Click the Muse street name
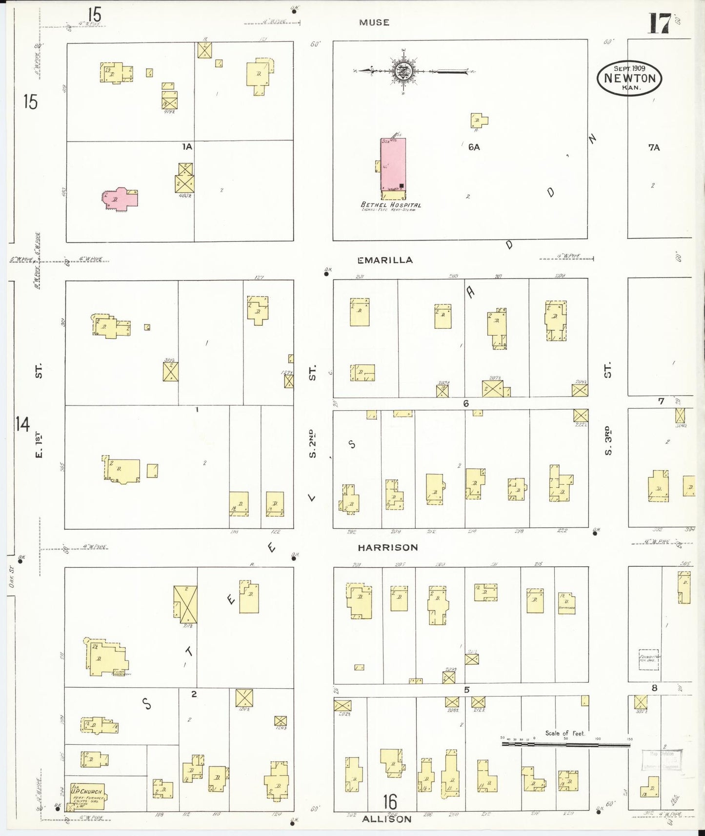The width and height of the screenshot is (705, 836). pyautogui.click(x=374, y=22)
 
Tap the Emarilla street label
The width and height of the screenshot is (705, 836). pyautogui.click(x=385, y=260)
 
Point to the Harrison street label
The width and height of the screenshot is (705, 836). pyautogui.click(x=388, y=548)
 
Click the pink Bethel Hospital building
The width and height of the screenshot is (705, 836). pyautogui.click(x=393, y=164)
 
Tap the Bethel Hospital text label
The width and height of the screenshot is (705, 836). pyautogui.click(x=390, y=205)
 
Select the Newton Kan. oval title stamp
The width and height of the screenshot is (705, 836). pyautogui.click(x=629, y=78)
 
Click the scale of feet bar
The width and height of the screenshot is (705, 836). pyautogui.click(x=566, y=745)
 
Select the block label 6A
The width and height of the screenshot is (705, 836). pyautogui.click(x=474, y=147)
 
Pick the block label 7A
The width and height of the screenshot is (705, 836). pyautogui.click(x=654, y=147)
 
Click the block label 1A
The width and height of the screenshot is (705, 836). pyautogui.click(x=187, y=146)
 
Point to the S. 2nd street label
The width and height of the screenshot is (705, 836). pyautogui.click(x=313, y=444)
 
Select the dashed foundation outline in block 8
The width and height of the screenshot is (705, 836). pyautogui.click(x=649, y=660)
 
